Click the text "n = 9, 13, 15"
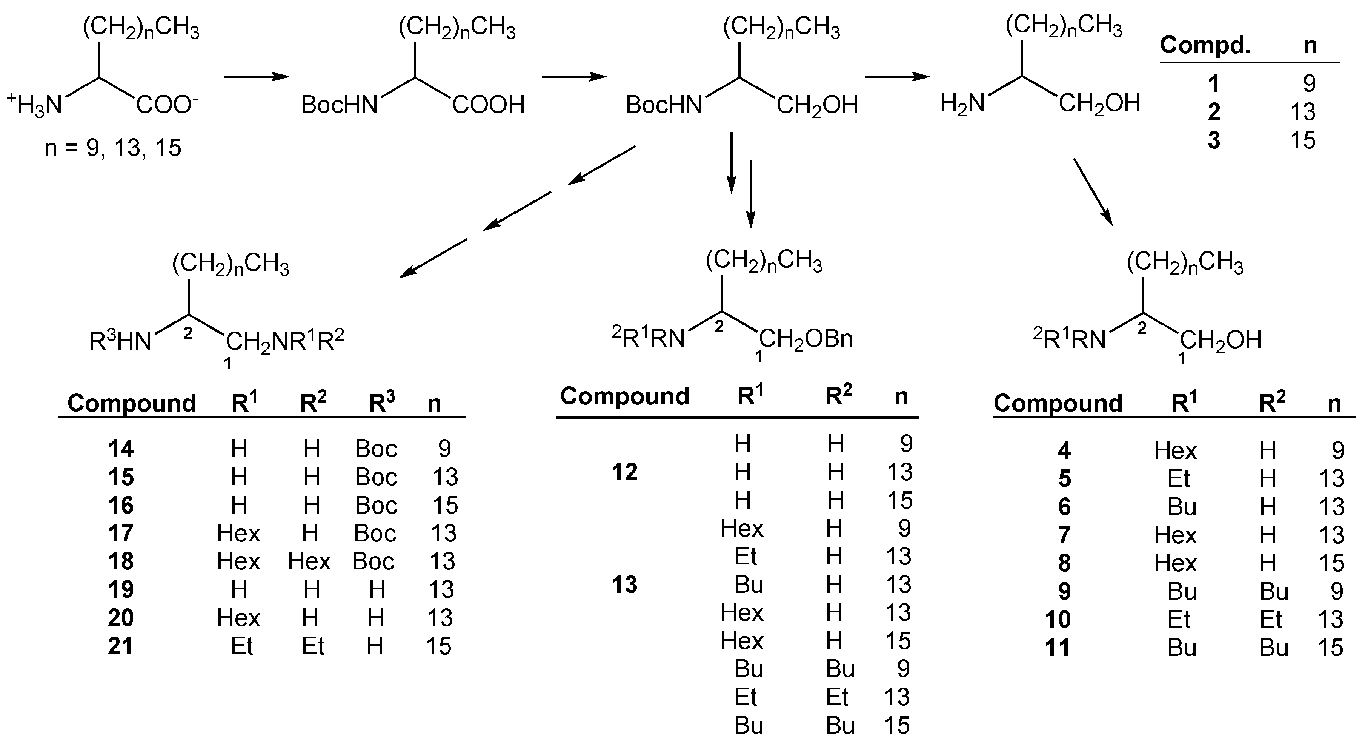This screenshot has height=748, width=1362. pos(112,148)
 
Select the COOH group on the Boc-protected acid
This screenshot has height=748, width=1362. pos(488,105)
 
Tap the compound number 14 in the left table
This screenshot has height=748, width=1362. pos(121,449)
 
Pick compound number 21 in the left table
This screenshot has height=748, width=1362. pos(121,646)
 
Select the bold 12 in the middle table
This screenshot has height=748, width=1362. pos(624,472)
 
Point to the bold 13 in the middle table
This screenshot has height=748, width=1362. pos(624,585)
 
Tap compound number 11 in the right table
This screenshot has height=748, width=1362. pos(1058,648)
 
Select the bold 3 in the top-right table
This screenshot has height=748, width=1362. pos(1214,140)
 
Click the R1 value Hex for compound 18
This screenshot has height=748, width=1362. pos(238,561)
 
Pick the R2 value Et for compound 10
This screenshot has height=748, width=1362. pos(1271,620)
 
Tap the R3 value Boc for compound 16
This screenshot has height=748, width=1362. pos(376,505)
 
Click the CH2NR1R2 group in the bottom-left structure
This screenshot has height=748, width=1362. pos(285,341)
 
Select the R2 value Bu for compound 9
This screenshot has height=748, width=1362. pos(1274,591)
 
